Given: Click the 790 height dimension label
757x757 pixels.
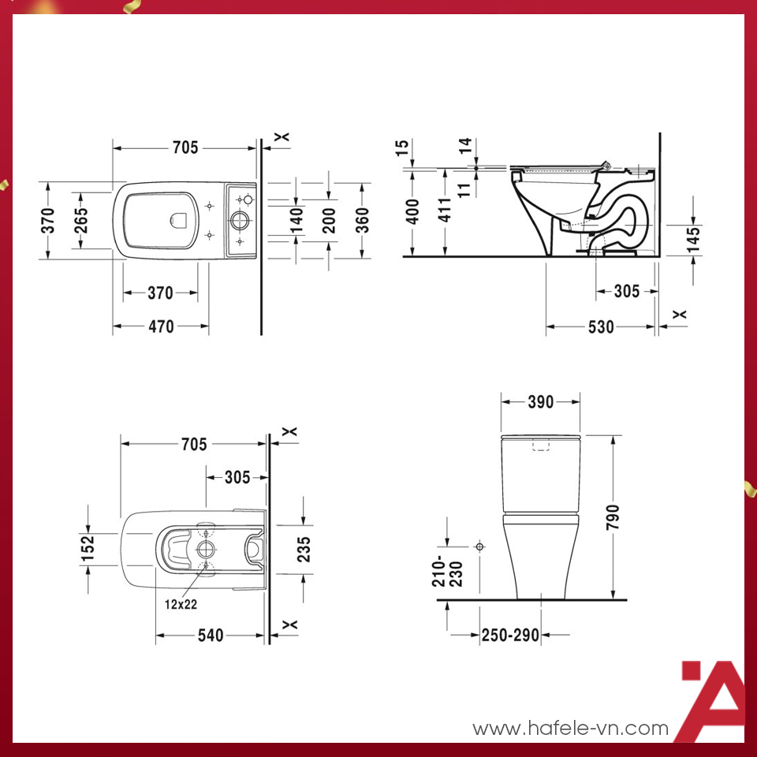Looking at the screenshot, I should point(614,516).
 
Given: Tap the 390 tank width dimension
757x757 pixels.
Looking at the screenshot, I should point(540,402).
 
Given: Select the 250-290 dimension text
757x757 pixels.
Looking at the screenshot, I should point(509,635).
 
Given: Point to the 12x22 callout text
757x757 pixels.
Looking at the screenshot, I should point(181,605).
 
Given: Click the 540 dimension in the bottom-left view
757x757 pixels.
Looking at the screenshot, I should point(211,635).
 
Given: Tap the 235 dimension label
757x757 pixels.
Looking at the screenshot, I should point(304,549).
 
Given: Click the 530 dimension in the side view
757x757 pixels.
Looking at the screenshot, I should point(600,327).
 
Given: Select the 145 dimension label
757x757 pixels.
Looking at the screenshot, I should point(693,240).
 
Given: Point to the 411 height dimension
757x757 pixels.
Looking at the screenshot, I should point(446,210).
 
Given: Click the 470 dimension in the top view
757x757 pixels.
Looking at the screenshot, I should point(161,326).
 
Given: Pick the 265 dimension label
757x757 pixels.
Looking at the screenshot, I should point(81,220).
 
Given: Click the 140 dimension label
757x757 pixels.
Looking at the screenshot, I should point(296,220).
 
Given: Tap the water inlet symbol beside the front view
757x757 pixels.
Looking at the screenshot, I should point(479,546).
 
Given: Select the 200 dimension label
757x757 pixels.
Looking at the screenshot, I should point(330,220).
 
